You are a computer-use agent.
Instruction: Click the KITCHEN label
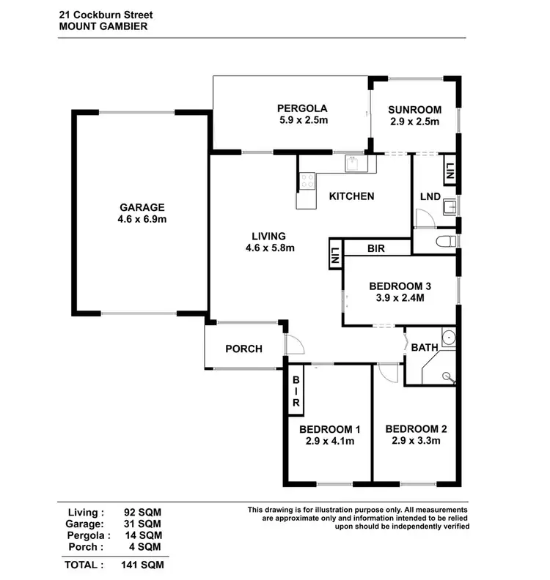point(351,196)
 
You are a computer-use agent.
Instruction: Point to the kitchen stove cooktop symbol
point(307,180)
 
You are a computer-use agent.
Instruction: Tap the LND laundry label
point(429,198)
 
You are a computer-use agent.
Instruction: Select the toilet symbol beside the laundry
point(443,241)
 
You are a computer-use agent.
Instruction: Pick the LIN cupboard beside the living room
point(334,256)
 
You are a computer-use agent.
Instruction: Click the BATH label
point(424,347)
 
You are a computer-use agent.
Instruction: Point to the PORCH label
point(243,349)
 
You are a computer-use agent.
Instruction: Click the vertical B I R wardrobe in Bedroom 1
point(297,392)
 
